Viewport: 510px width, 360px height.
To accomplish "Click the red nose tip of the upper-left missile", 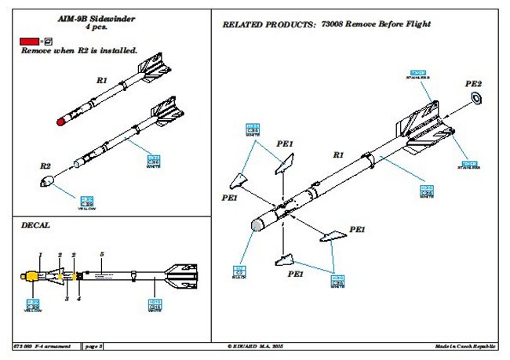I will (x=60, y=122).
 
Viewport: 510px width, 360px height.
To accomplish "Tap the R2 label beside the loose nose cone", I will (x=45, y=166).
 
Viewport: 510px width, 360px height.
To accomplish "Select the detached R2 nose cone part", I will (x=48, y=180).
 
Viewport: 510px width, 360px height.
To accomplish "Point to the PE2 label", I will (x=473, y=82).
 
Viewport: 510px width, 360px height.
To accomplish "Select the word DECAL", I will (x=37, y=226).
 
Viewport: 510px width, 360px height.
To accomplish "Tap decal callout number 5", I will (x=101, y=254).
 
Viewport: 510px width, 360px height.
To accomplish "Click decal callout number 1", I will (x=39, y=254).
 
